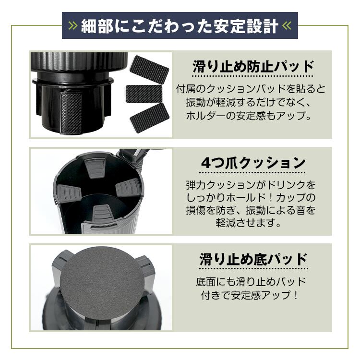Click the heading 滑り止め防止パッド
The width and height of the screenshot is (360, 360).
253,67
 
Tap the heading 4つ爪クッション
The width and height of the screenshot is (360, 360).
253,163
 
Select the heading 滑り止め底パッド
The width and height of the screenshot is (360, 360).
253,259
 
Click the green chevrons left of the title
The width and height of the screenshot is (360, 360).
73,26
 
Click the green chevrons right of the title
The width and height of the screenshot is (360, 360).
287,26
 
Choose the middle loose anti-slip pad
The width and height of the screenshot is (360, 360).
144,94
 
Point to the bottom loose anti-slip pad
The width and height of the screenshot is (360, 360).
150,118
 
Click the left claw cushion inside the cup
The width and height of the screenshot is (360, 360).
69,192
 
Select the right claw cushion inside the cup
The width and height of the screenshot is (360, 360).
128,188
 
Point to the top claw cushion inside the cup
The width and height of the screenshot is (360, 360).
96,168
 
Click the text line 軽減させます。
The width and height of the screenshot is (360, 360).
249,222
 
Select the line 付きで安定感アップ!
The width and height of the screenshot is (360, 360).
250,295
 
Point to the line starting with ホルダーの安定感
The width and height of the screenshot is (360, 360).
249,116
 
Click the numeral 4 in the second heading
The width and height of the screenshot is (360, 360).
206,163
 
